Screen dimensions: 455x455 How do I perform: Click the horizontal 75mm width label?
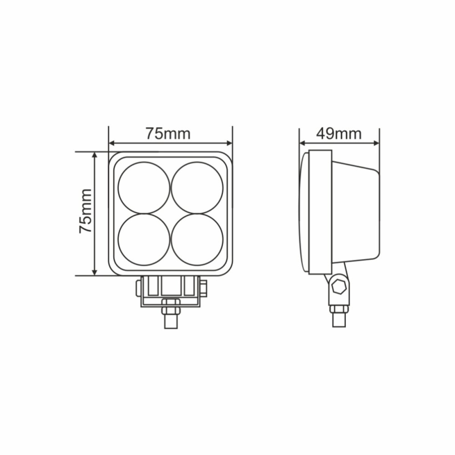coord(168,134)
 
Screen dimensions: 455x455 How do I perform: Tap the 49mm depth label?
coord(339,134)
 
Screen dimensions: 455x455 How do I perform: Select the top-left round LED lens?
coord(144,188)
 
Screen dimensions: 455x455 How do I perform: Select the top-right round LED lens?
coord(197,188)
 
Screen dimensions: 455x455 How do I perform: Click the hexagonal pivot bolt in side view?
coord(339,288)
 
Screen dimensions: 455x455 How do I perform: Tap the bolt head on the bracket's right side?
coord(203,288)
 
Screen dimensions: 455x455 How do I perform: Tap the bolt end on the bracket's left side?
coord(137,288)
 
